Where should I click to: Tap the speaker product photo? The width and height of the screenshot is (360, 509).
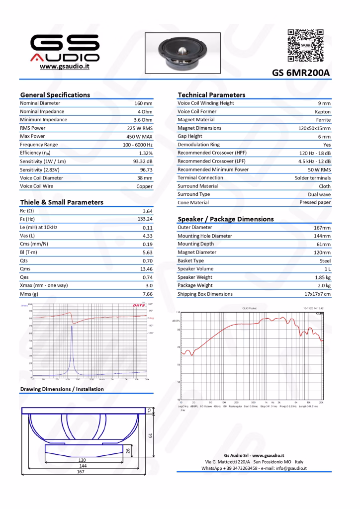click(182, 52)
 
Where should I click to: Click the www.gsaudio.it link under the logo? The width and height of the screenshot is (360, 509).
click(65, 66)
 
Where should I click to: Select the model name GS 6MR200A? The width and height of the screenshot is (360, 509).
click(301, 73)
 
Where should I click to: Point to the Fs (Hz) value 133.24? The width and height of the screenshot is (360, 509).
click(145, 219)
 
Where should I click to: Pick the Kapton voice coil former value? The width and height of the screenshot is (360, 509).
click(322, 111)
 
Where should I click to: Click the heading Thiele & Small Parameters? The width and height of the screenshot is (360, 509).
click(62, 202)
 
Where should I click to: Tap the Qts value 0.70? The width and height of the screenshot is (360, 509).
click(147, 260)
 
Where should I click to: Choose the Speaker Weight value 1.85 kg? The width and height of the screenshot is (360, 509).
click(322, 277)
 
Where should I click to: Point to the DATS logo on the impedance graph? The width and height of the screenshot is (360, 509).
click(139, 305)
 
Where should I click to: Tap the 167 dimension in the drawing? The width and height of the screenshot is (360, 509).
click(81, 472)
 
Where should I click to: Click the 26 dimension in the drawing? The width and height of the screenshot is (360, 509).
click(128, 450)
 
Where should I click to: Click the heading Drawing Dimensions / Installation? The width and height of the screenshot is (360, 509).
click(62, 389)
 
